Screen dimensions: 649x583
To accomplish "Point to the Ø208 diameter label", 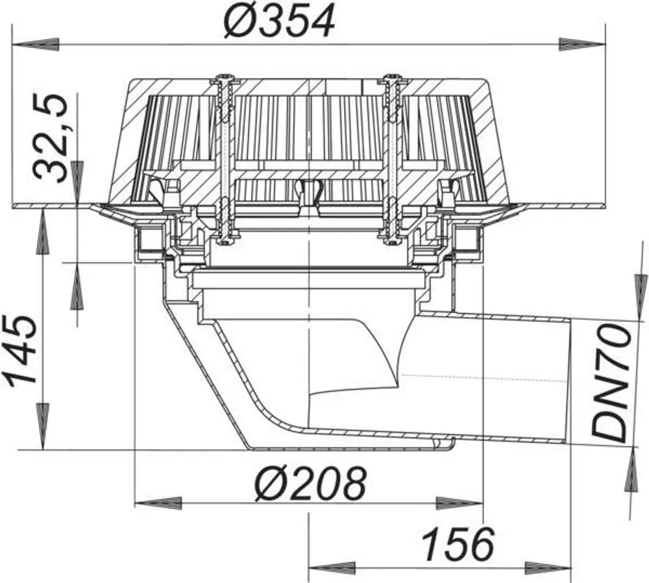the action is point(310,483).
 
